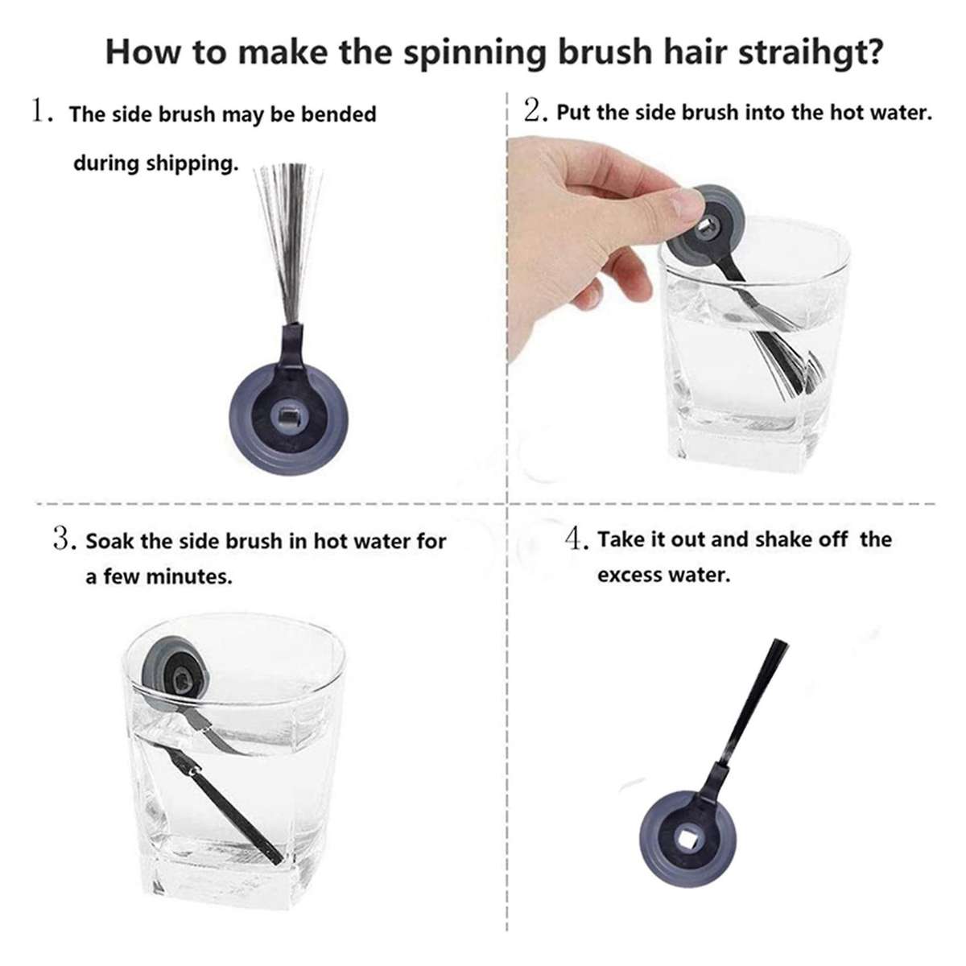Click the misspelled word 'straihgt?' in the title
click(x=810, y=52)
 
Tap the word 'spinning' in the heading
click(x=474, y=52)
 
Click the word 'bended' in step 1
click(x=338, y=114)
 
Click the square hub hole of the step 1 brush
click(x=287, y=415)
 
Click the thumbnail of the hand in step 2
click(x=685, y=204)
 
